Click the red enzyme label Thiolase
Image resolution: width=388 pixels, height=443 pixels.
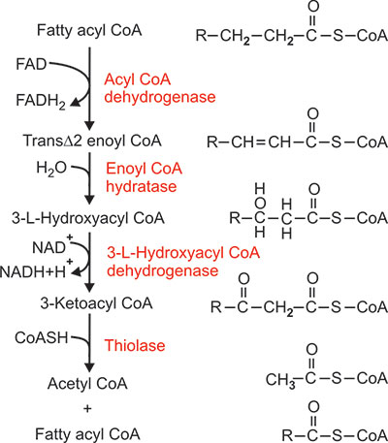tap(135, 345)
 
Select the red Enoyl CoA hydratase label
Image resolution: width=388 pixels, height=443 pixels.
tap(145, 177)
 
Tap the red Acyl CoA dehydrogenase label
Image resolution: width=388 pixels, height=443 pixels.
tap(160, 88)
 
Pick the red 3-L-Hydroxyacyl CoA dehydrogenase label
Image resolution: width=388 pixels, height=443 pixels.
tap(183, 262)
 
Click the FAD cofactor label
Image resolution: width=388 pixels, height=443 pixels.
tap(31, 64)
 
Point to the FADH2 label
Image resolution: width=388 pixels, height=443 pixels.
tap(41, 101)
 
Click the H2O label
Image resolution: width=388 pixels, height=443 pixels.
tap(51, 169)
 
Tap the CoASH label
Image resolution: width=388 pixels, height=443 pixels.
tap(42, 337)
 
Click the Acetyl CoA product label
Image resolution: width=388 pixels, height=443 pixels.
tap(87, 384)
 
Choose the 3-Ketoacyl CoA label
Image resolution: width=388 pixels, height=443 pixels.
tap(96, 303)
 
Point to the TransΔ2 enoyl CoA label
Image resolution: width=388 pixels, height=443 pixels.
tap(92, 141)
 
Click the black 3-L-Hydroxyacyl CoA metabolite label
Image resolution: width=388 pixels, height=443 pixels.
tap(88, 218)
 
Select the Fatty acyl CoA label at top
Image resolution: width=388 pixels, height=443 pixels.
tap(89, 31)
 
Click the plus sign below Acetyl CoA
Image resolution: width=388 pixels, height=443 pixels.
tap(87, 409)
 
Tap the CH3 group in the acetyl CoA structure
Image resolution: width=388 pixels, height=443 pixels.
tap(280, 379)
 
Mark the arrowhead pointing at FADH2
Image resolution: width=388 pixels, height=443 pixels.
tap(75, 102)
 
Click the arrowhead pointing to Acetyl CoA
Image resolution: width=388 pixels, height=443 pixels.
tap(89, 367)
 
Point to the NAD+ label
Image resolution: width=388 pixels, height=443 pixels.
tap(52, 246)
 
